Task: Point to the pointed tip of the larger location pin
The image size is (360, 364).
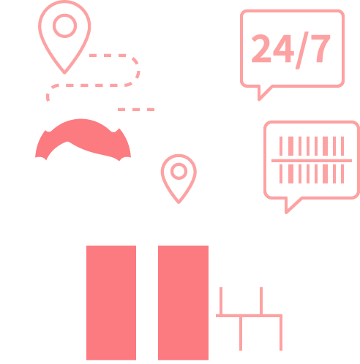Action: tap(64, 73)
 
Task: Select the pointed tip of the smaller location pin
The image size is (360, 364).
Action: tap(179, 202)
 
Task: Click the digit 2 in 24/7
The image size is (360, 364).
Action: tap(261, 48)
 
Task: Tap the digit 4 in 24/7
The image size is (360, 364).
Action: tap(283, 48)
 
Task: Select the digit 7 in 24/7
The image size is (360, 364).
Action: tap(320, 48)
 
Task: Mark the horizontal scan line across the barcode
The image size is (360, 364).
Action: tap(312, 161)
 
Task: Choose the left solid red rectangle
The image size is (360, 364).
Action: tap(111, 303)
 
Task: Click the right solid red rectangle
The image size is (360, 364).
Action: tap(183, 303)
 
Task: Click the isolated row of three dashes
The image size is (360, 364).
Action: tap(136, 110)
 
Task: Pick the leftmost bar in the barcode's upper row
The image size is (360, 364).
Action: tap(281, 146)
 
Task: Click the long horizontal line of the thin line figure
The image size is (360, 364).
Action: tap(249, 316)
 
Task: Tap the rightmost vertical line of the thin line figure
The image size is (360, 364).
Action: tap(281, 333)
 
